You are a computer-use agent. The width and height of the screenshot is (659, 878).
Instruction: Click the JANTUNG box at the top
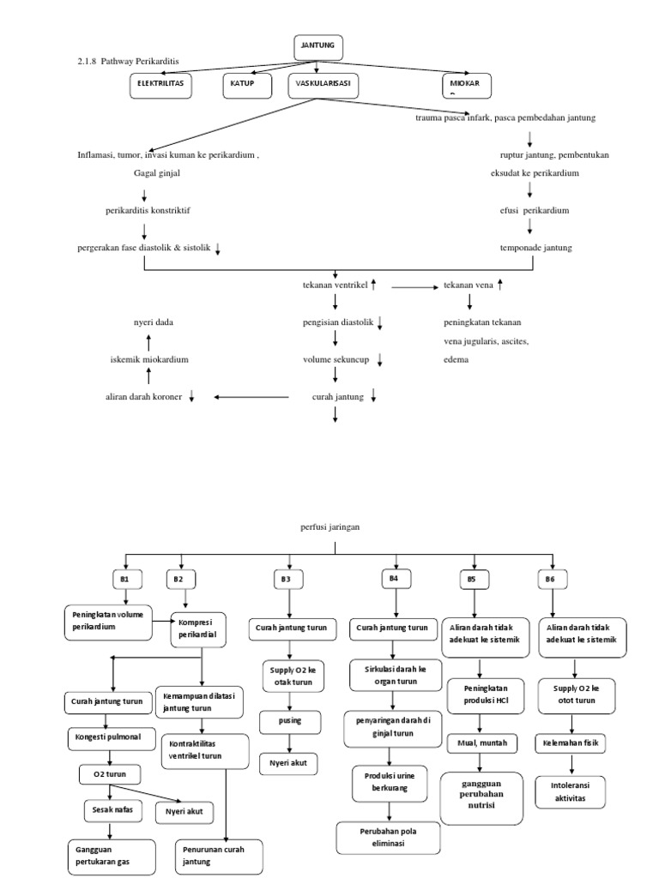(318, 48)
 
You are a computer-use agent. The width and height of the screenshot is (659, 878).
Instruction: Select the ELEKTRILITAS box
(161, 85)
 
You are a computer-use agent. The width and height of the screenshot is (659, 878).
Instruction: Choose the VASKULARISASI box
(323, 85)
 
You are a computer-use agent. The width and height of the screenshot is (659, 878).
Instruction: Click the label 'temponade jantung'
(535, 248)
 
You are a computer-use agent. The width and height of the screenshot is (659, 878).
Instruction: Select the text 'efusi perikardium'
(535, 210)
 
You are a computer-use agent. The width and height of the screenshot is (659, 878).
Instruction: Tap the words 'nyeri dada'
(153, 322)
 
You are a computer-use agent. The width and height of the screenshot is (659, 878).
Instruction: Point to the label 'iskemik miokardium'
(149, 359)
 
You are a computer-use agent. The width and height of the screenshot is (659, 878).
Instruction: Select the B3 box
(286, 580)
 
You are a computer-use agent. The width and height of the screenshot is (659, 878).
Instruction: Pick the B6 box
(550, 580)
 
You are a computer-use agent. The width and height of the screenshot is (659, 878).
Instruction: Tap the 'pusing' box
(290, 722)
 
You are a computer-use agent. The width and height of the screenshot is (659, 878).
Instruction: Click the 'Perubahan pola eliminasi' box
(389, 838)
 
